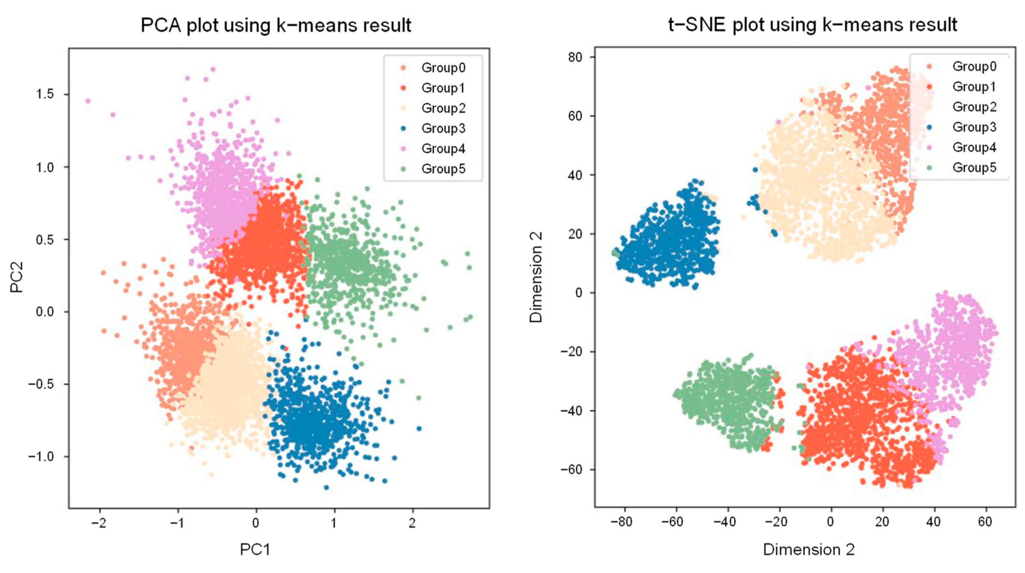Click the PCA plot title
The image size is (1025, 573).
276,25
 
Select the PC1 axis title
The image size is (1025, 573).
255,550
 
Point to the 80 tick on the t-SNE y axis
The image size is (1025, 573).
575,57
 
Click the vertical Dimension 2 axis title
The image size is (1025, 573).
536,277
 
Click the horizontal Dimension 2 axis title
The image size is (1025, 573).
808,550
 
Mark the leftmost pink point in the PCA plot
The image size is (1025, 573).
88,101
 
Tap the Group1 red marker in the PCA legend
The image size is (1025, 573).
404,88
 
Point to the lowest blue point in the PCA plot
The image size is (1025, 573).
326,487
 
